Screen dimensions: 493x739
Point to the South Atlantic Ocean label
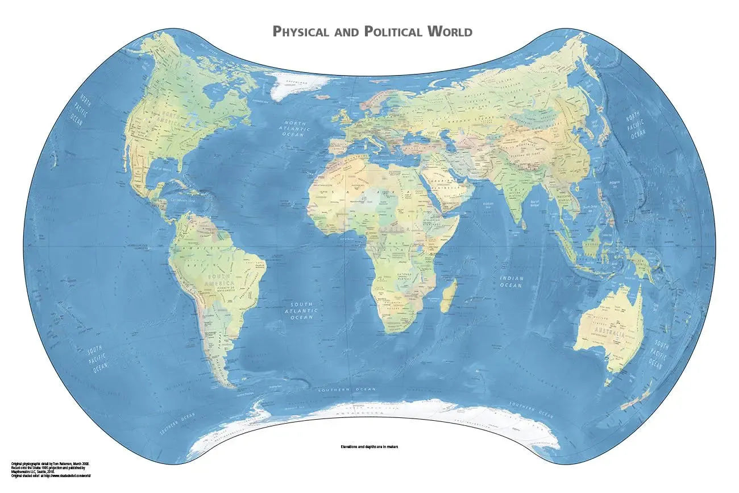pyautogui.click(x=301, y=310)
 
